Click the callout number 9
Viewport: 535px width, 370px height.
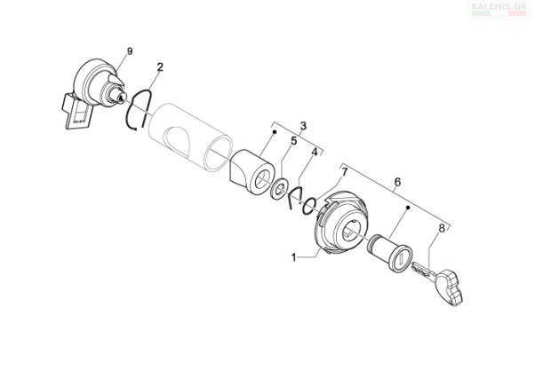pyautogui.click(x=130, y=51)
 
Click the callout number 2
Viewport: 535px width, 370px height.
pyautogui.click(x=160, y=67)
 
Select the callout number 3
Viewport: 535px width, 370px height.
pyautogui.click(x=303, y=126)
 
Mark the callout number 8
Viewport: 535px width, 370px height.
pyautogui.click(x=442, y=228)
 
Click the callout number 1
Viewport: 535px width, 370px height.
pyautogui.click(x=294, y=257)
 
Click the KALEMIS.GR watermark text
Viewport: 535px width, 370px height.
pyautogui.click(x=499, y=6)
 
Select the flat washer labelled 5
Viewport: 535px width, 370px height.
pyautogui.click(x=279, y=188)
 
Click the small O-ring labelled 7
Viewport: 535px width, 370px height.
pyautogui.click(x=309, y=206)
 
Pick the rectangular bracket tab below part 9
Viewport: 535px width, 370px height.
pyautogui.click(x=76, y=113)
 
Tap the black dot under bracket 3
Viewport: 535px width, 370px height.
pyautogui.click(x=275, y=131)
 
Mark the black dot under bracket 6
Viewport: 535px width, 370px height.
pyautogui.click(x=407, y=207)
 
